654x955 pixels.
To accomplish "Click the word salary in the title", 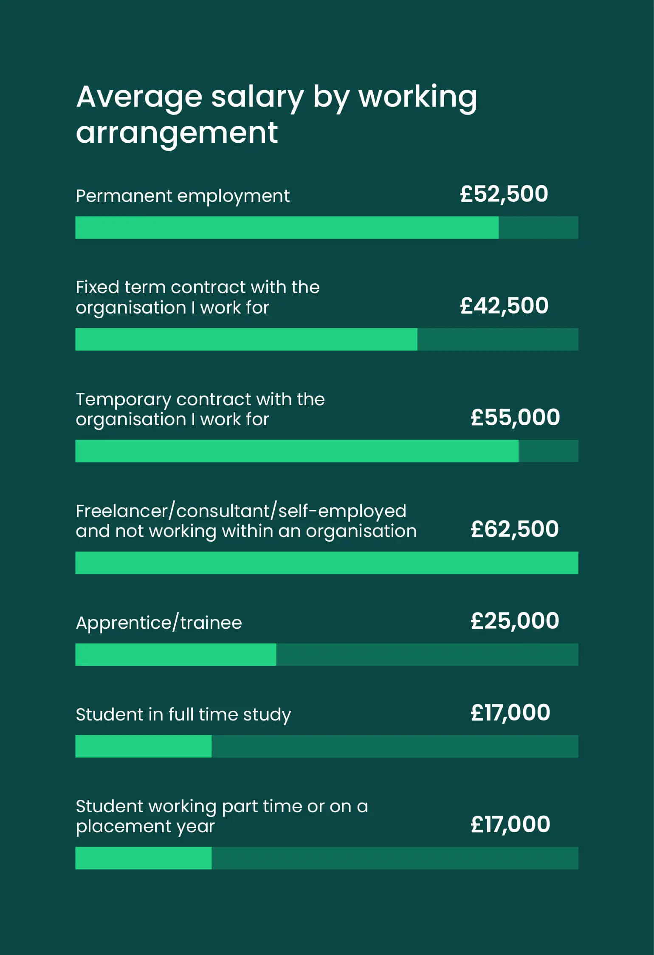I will click(257, 97).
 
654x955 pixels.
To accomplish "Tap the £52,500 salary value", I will click(504, 194).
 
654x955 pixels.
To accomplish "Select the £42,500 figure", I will click(504, 306).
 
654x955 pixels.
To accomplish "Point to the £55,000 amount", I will click(515, 417).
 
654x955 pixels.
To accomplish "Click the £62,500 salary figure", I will click(515, 529).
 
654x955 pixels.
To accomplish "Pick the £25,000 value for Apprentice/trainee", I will click(515, 621).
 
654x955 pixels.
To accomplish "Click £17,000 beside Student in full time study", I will click(510, 713).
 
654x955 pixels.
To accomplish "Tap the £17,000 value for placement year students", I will click(510, 825).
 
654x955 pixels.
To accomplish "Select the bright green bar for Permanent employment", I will click(287, 228).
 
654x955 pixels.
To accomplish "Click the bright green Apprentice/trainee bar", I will click(175, 655).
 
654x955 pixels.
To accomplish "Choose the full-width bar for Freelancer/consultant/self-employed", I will click(327, 563).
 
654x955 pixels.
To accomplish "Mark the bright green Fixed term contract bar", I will click(246, 339).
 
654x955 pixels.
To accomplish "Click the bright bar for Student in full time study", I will click(143, 746).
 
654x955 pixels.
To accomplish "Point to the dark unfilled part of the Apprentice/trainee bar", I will click(427, 655).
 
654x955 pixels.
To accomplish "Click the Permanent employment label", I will click(182, 196).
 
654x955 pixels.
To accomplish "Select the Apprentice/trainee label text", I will click(158, 623).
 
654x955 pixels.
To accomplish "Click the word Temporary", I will click(123, 400).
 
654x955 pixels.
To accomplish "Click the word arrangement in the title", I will click(177, 133).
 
